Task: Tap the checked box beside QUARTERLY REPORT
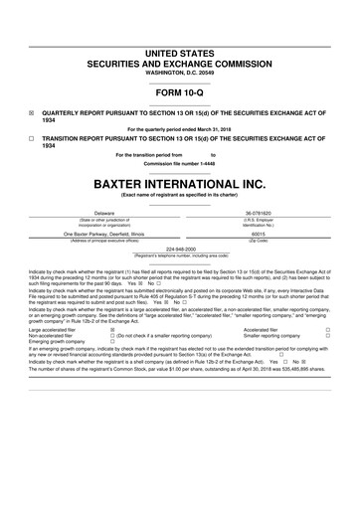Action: click(x=32, y=112)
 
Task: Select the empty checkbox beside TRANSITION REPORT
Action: click(x=32, y=139)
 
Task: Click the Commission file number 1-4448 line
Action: click(x=179, y=163)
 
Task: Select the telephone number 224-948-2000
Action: click(x=180, y=250)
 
